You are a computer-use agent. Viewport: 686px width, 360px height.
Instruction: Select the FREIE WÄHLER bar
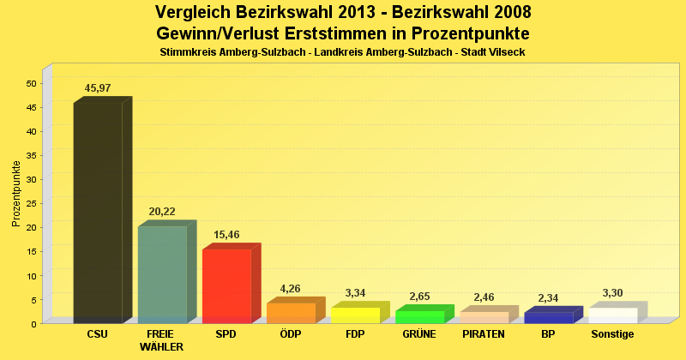(x=162, y=274)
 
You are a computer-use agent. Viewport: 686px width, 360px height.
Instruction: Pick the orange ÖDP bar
(x=291, y=313)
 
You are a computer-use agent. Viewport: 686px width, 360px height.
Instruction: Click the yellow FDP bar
(x=355, y=315)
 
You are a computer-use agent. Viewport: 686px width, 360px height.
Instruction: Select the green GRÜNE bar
(x=419, y=316)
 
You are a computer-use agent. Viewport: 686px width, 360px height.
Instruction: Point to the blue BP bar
(x=548, y=317)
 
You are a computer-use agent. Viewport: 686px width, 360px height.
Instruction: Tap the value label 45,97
(x=98, y=88)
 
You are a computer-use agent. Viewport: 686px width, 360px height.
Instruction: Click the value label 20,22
(x=162, y=212)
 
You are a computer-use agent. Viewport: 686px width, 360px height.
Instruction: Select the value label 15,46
(x=226, y=234)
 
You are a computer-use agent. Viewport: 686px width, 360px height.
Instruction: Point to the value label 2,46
(x=484, y=297)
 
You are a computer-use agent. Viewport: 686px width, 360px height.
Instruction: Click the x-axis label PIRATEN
(x=484, y=334)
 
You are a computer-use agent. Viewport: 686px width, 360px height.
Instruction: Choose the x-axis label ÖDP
(x=291, y=334)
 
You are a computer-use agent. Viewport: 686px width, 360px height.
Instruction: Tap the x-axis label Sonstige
(x=612, y=334)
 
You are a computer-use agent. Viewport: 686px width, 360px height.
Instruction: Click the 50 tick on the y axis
(x=32, y=83)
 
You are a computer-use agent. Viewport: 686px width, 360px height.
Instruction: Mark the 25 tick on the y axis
(x=32, y=203)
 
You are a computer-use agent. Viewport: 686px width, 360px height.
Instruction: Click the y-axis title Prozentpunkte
(x=16, y=194)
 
